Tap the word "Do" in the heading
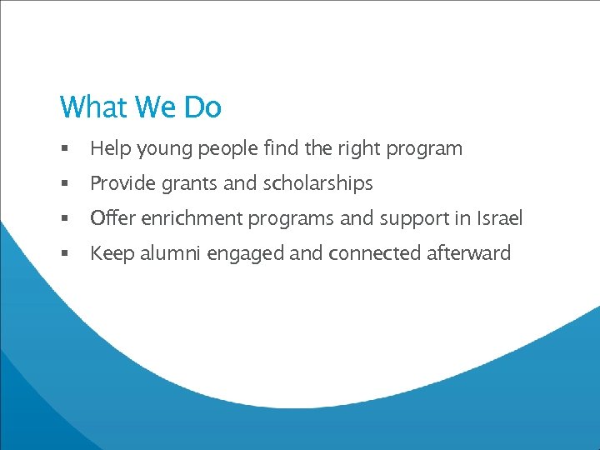(202, 107)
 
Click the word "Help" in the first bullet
(109, 149)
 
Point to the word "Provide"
(122, 183)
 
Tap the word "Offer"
(111, 218)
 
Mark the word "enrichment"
(189, 218)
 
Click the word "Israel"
(500, 218)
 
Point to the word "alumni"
(167, 253)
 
